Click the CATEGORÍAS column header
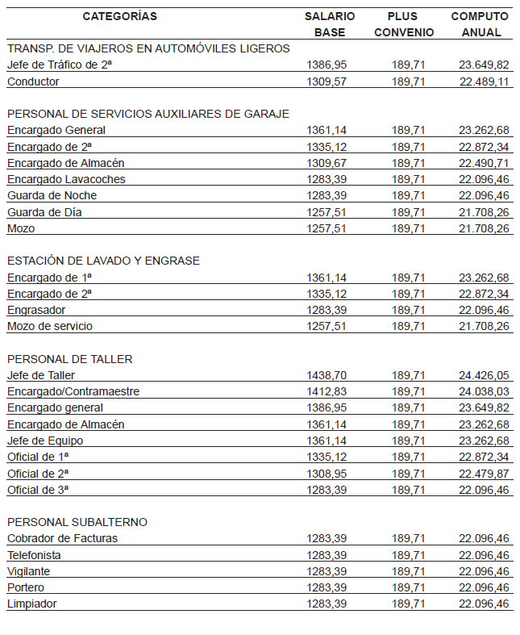click(119, 16)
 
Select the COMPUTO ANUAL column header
click(480, 24)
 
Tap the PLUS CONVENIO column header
click(404, 24)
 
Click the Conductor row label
click(33, 81)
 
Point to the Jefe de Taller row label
click(41, 375)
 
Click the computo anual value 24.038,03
click(484, 391)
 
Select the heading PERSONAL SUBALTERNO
click(77, 522)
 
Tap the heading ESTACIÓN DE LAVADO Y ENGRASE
click(103, 261)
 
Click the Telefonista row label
click(34, 555)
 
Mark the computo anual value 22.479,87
click(484, 473)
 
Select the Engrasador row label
click(36, 310)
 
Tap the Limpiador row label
click(31, 604)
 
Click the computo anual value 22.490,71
click(484, 163)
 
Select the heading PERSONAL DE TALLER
click(70, 359)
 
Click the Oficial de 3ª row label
click(38, 490)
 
